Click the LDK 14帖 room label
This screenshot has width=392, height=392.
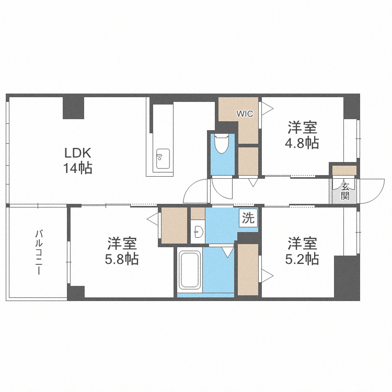tap(78, 160)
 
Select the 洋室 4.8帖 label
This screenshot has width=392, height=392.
tap(303, 135)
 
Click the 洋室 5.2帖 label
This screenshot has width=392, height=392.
tap(303, 251)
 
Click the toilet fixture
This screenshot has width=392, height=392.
tap(222, 144)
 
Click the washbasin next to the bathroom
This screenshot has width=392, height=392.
tap(198, 232)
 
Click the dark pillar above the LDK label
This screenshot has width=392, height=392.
tap(74, 107)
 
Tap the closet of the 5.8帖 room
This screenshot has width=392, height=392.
tap(174, 225)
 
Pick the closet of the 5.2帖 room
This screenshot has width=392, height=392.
tap(248, 269)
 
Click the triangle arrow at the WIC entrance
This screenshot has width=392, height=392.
tap(267, 108)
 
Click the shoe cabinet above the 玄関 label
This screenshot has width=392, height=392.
tap(345, 170)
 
